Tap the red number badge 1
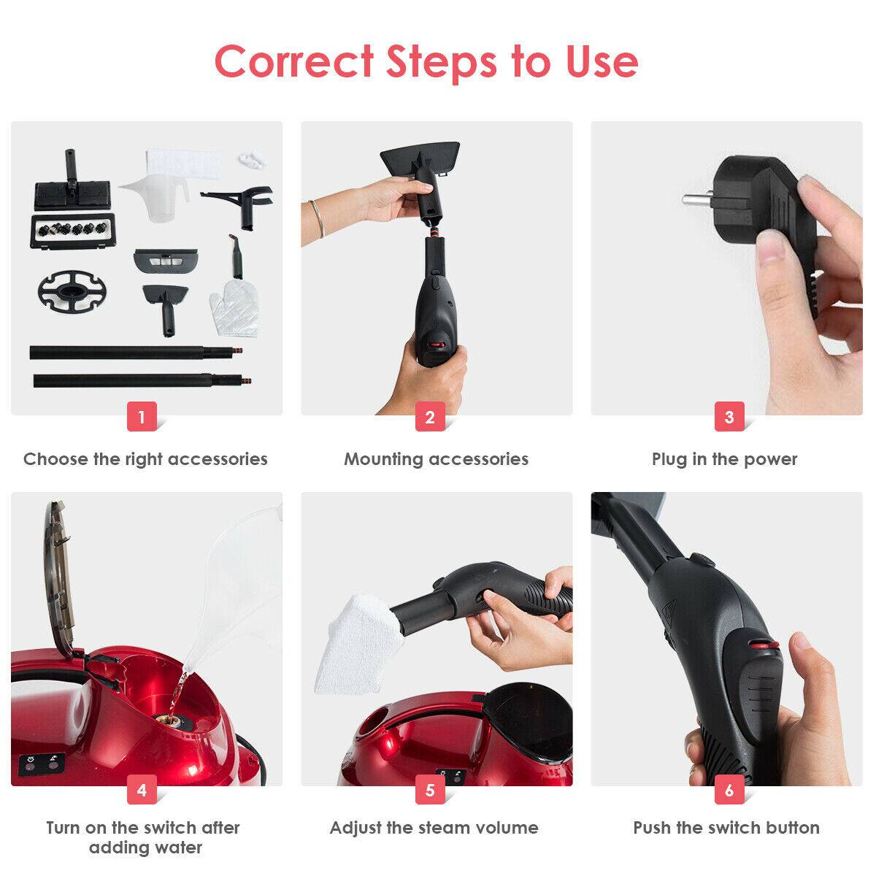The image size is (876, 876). click(x=142, y=417)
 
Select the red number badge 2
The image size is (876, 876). click(x=430, y=417)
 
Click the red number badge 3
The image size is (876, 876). click(x=729, y=417)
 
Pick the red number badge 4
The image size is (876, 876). click(x=142, y=790)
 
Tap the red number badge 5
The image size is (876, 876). click(x=430, y=790)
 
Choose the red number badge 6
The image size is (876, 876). click(x=729, y=790)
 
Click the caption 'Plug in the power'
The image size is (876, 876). click(x=724, y=459)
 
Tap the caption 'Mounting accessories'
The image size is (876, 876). click(x=436, y=459)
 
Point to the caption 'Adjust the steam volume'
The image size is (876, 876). click(x=434, y=828)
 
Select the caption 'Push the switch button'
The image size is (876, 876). click(x=726, y=828)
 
